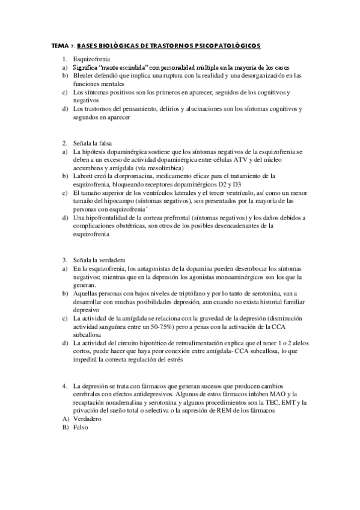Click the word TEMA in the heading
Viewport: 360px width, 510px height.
pos(60,46)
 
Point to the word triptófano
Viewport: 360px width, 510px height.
pos(172,292)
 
